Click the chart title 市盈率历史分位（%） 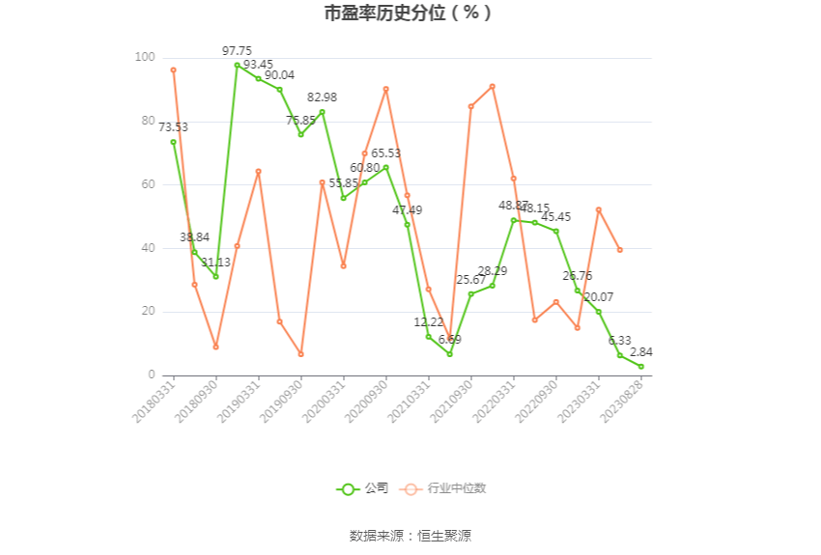pyautogui.click(x=410, y=14)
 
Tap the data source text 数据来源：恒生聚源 pyautogui.click(x=410, y=536)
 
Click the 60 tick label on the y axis pyautogui.click(x=147, y=184)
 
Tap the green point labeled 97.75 pyautogui.click(x=237, y=65)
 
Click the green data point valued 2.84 pyautogui.click(x=640, y=366)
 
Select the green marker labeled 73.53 pyautogui.click(x=173, y=142)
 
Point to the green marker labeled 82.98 pyautogui.click(x=322, y=112)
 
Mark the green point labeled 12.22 pyautogui.click(x=428, y=336)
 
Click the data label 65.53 pyautogui.click(x=385, y=153)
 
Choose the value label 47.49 pyautogui.click(x=407, y=209)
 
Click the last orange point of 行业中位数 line pyautogui.click(x=619, y=250)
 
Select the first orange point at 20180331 pyautogui.click(x=173, y=69)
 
